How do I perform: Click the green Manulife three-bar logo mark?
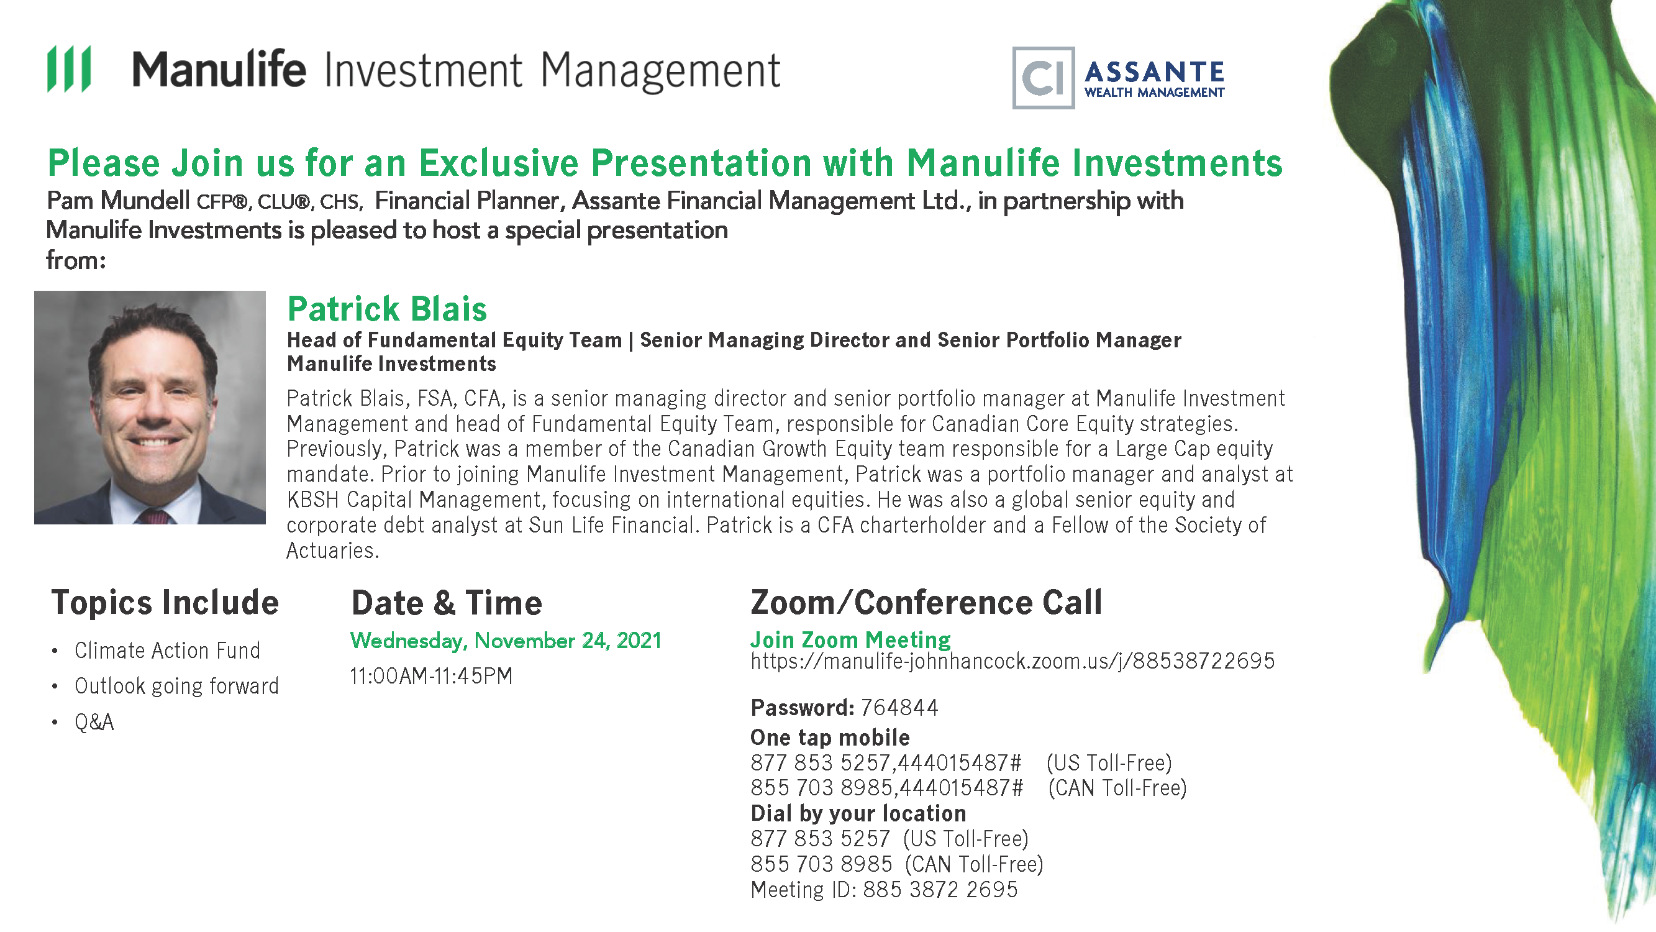coord(69,69)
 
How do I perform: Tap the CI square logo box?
coord(1044,78)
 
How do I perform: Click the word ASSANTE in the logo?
coord(1155,72)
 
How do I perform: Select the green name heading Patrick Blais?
coord(387,309)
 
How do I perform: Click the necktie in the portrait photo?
coord(153,516)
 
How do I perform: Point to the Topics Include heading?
coord(165,603)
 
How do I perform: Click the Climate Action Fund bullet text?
coord(167,651)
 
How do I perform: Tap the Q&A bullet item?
coord(94,723)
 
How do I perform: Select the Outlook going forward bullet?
coord(177,687)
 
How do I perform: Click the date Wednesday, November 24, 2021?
coord(506,641)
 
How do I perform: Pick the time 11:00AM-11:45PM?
coord(431,676)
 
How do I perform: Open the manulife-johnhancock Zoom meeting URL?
coord(1012,661)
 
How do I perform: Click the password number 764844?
coord(899,708)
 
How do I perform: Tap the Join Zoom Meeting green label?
coord(850,639)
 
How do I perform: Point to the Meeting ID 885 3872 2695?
coord(884,890)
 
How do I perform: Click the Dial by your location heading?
coord(858,814)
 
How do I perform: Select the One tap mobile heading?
coord(830,738)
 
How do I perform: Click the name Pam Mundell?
coord(118,201)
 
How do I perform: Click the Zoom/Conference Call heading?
coord(926,603)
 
